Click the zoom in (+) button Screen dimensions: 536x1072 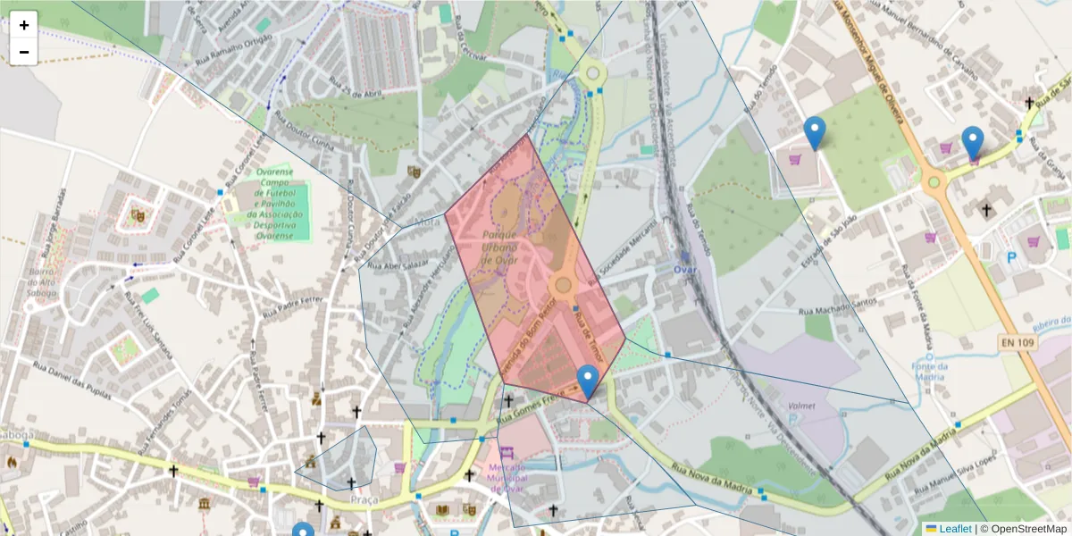point(23,25)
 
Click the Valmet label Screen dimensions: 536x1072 point(802,406)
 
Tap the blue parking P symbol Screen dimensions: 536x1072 point(1012,257)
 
